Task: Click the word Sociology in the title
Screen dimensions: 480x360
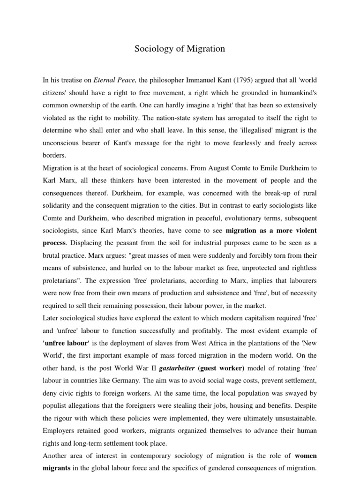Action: (x=150, y=49)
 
